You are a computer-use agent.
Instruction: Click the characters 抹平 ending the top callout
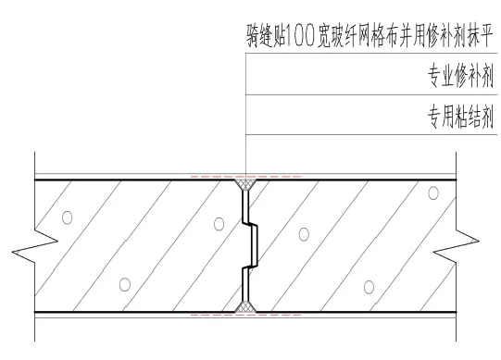click(476, 40)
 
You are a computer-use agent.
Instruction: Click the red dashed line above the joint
click(245, 176)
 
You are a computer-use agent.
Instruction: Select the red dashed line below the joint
click(245, 316)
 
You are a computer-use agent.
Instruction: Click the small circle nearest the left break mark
click(67, 219)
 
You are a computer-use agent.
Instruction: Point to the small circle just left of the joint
click(217, 223)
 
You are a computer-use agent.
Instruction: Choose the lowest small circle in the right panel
click(369, 283)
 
